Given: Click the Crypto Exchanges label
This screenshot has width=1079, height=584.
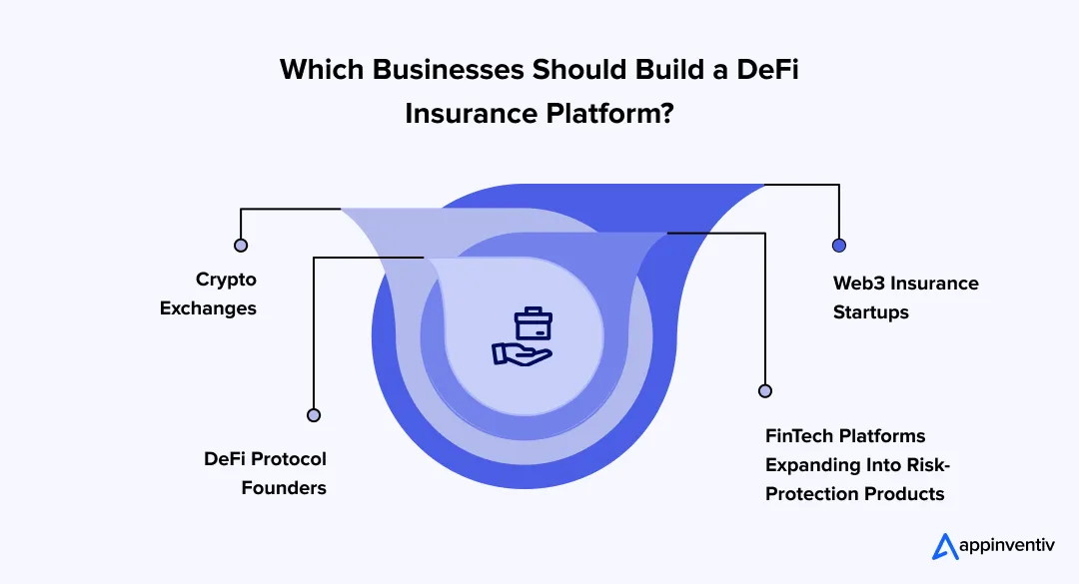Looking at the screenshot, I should point(211,293).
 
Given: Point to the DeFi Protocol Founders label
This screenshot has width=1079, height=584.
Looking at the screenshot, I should point(265,473).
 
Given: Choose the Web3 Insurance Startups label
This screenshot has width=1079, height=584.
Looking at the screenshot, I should point(905,297).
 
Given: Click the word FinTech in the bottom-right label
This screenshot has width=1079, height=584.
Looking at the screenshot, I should point(801,436).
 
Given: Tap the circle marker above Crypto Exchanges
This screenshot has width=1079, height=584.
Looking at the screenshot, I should point(241,245).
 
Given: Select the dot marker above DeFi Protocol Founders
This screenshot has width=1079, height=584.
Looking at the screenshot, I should point(314,415).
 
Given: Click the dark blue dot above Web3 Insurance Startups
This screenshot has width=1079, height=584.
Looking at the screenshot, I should point(839,246).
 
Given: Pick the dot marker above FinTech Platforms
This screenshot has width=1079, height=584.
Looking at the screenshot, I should point(765,391).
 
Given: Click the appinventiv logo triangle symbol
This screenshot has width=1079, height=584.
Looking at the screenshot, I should point(944,547).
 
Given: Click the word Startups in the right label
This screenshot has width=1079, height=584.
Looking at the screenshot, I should point(871,312).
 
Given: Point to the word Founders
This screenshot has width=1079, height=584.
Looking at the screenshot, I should point(284,488).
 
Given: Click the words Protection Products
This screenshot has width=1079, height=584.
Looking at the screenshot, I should point(855,493).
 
